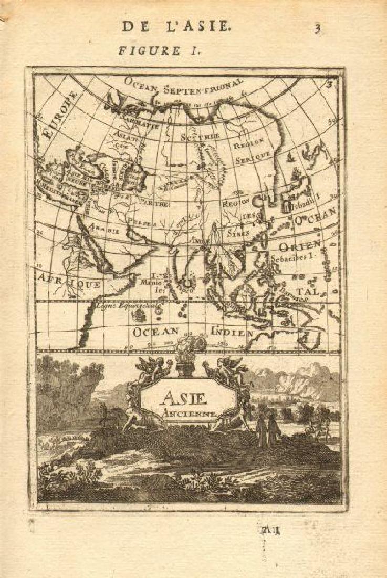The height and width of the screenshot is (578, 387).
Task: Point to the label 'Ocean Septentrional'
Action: coord(184,86)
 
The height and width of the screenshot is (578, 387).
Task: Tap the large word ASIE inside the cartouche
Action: coord(187,398)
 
